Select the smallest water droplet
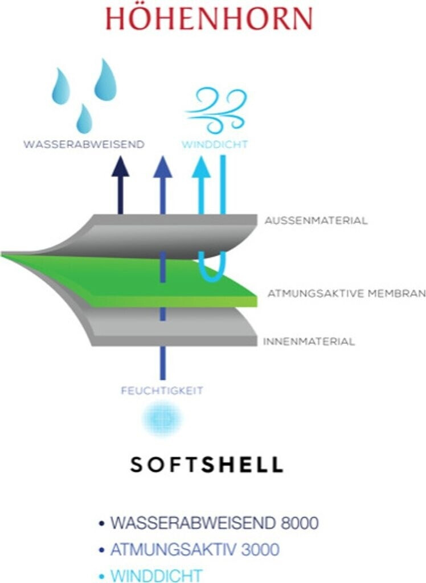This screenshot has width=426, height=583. [x=84, y=119]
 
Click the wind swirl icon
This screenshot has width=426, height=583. [x=216, y=110]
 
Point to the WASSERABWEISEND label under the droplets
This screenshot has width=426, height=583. [x=84, y=144]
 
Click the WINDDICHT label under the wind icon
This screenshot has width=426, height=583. [x=215, y=144]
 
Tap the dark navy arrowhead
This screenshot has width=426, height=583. [x=120, y=166]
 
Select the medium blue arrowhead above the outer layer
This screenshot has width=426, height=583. [x=162, y=166]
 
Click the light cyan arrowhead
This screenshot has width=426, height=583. [x=202, y=166]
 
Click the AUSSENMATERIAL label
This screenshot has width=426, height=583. [x=316, y=220]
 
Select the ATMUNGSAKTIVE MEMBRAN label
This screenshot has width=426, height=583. [x=346, y=293]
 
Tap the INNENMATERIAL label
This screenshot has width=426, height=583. [x=309, y=342]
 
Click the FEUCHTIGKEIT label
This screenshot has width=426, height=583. [x=162, y=391]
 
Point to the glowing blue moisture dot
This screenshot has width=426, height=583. [x=162, y=419]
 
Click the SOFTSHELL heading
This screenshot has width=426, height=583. [x=207, y=465]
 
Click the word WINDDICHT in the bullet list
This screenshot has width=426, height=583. [x=156, y=576]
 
